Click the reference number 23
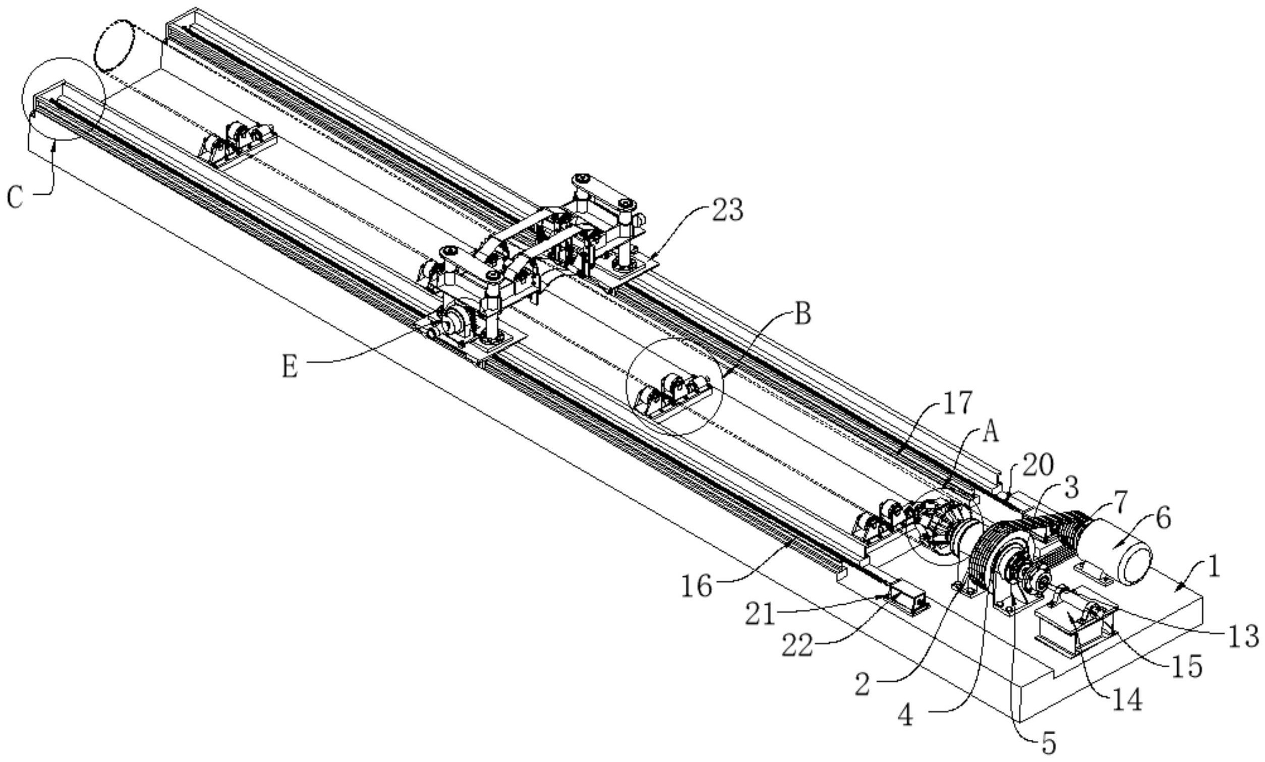pyautogui.click(x=727, y=210)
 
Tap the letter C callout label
pyautogui.click(x=16, y=197)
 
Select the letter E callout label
pyautogui.click(x=290, y=368)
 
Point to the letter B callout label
pyautogui.click(x=802, y=314)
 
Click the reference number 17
pyautogui.click(x=958, y=402)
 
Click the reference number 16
pyautogui.click(x=697, y=586)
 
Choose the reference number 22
pyautogui.click(x=797, y=646)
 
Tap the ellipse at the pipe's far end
pyautogui.click(x=114, y=45)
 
